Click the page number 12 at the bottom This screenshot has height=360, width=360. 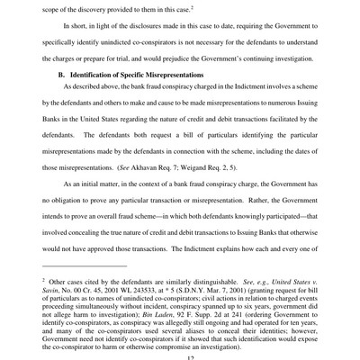point(180,356)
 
